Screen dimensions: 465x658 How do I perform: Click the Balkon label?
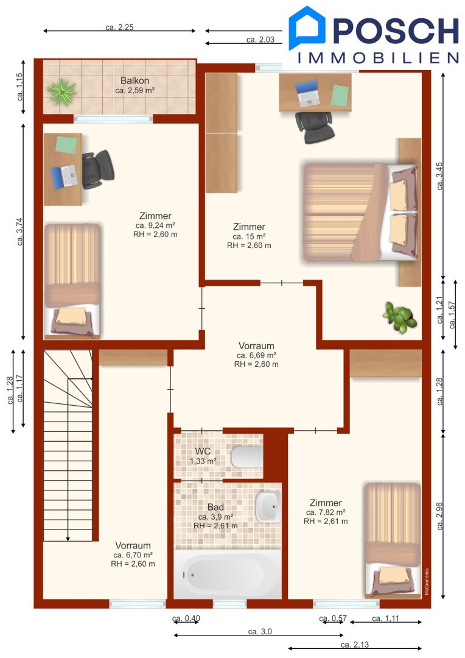135,80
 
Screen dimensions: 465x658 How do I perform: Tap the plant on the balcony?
61,91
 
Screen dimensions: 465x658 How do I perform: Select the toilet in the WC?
246,457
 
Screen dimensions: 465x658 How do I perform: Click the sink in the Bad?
268,506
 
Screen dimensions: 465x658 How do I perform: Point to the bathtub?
228,574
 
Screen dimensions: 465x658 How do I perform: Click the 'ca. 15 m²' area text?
249,236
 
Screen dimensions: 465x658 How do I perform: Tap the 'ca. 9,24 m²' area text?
155,225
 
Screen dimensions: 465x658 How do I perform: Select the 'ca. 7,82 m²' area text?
326,512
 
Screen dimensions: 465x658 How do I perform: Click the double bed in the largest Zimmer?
361,213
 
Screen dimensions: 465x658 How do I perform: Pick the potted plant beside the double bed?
400,317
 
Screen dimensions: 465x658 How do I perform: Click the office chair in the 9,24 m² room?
98,169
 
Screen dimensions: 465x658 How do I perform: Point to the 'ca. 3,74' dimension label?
19,232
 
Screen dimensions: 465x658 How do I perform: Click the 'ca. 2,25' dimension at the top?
119,27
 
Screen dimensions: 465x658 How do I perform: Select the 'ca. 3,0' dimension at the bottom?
260,632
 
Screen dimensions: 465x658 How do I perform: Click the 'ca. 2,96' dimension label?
439,516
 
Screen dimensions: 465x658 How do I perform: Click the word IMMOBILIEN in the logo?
378,58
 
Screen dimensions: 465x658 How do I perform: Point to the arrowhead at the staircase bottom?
68,539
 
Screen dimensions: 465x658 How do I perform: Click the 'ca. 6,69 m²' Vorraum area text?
256,355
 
